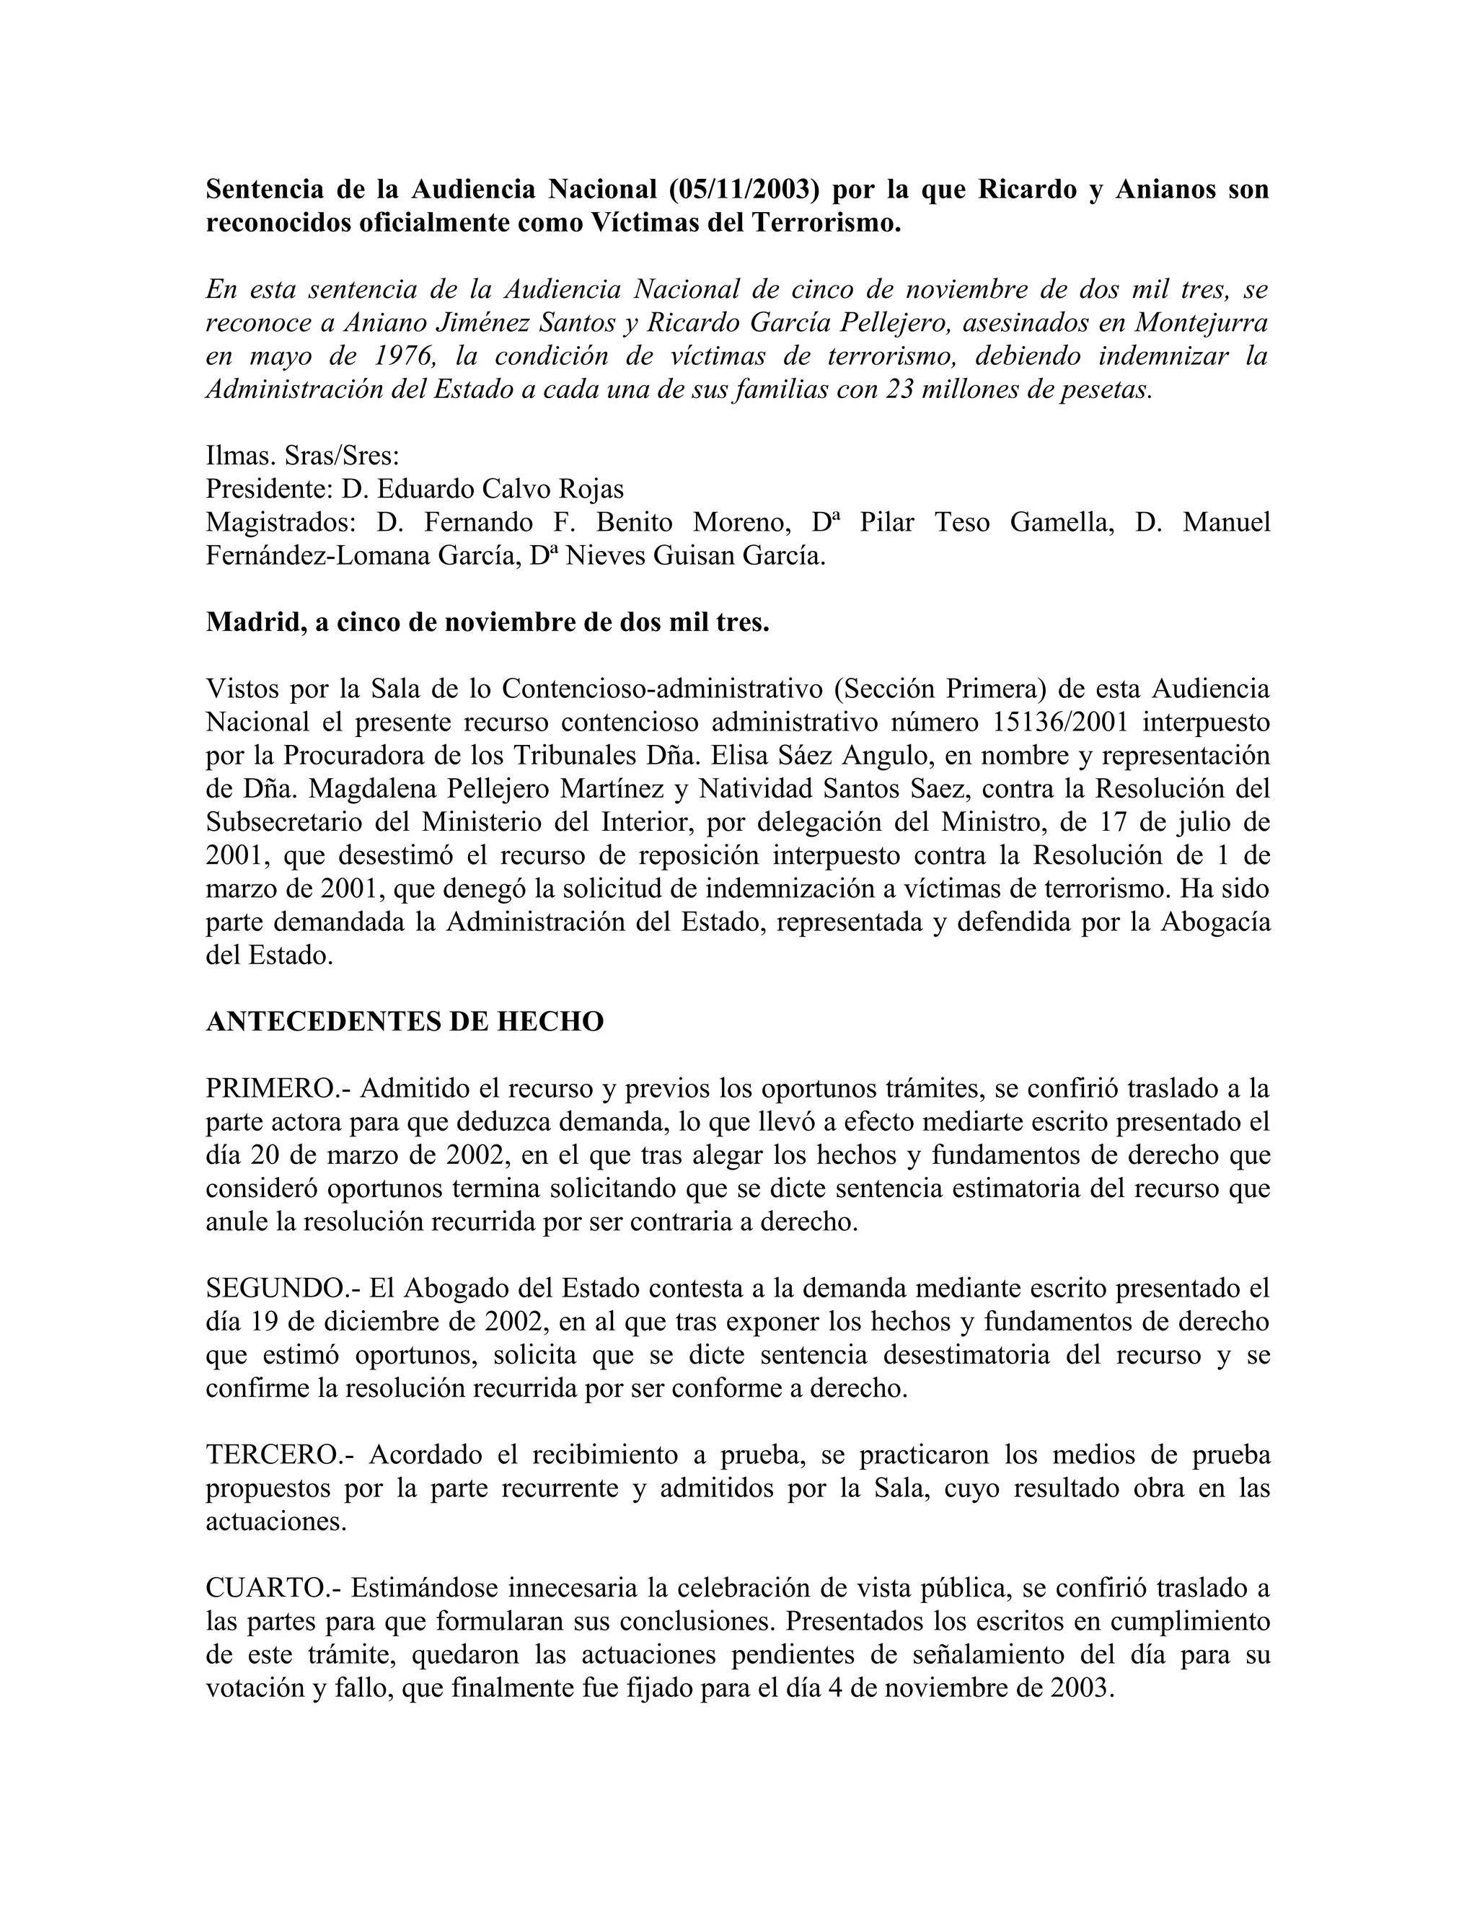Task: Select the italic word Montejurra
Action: (1202, 323)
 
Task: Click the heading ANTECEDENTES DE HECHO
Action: (405, 1021)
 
